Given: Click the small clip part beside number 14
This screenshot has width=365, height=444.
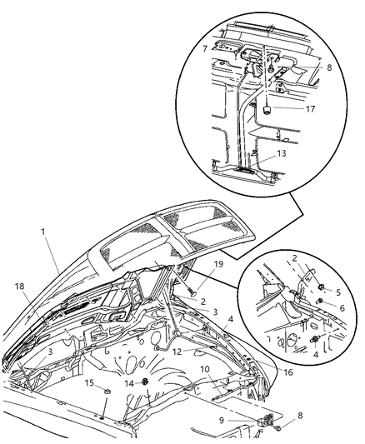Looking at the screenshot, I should click(145, 382).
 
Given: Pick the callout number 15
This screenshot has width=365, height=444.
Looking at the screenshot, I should click(90, 383).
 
